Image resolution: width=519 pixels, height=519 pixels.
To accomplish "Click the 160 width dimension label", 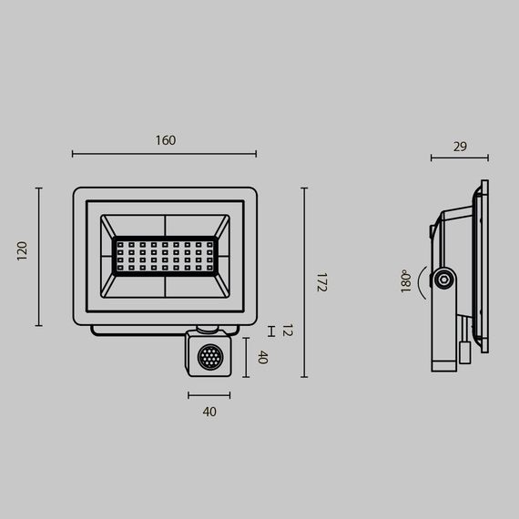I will pyautogui.click(x=165, y=140).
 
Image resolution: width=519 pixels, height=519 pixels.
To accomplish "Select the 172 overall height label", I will pyautogui.click(x=321, y=281).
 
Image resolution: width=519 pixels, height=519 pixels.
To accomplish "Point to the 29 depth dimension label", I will pyautogui.click(x=459, y=146).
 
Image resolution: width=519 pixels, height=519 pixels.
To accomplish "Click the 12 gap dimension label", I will pyautogui.click(x=287, y=331).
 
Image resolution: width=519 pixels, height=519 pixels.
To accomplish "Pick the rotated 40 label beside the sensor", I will pyautogui.click(x=263, y=358).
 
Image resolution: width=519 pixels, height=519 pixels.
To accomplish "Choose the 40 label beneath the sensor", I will pyautogui.click(x=209, y=412).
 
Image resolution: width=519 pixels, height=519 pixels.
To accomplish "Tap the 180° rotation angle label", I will pyautogui.click(x=405, y=281).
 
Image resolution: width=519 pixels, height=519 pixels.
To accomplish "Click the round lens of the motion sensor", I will pyautogui.click(x=209, y=358).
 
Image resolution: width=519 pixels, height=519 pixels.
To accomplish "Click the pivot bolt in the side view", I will pyautogui.click(x=443, y=280).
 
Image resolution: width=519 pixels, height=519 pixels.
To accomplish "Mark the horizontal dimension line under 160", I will pyautogui.click(x=165, y=155).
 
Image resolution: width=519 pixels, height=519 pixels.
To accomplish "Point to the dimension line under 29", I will pyautogui.click(x=459, y=158).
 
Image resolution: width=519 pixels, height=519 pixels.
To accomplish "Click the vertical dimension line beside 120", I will pyautogui.click(x=39, y=257).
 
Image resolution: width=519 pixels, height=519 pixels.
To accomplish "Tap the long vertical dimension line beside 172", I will pyautogui.click(x=304, y=282).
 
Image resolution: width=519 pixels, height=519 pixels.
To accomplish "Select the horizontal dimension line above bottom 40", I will pyautogui.click(x=209, y=395).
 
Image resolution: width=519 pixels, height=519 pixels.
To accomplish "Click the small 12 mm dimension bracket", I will pyautogui.click(x=270, y=331).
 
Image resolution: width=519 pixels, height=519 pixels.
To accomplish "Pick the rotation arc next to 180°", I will pyautogui.click(x=421, y=281).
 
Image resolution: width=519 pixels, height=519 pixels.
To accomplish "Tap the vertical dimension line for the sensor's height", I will pyautogui.click(x=246, y=357).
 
